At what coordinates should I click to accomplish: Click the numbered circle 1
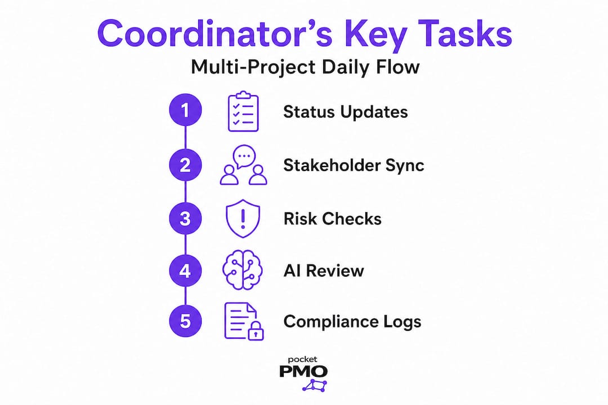tap(185, 110)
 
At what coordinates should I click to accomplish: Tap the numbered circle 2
tap(185, 165)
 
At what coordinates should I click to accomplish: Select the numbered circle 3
tap(185, 218)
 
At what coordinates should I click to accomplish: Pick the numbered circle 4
tap(185, 271)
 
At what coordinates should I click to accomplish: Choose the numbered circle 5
tap(185, 321)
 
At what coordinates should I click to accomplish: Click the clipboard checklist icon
tap(243, 111)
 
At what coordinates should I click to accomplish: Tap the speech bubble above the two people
tap(244, 156)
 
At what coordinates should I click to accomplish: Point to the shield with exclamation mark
tap(243, 218)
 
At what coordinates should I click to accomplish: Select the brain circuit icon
tap(243, 270)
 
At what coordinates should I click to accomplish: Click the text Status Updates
tap(346, 112)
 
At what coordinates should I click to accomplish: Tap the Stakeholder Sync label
tap(354, 165)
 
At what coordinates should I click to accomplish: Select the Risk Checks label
tap(332, 219)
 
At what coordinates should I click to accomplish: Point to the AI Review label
tap(324, 271)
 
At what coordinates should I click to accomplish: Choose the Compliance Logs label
tap(352, 322)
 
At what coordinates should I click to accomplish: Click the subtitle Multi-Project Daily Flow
tap(305, 67)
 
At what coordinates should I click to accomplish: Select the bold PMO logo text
tap(303, 371)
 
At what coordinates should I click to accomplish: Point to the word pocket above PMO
tap(302, 359)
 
